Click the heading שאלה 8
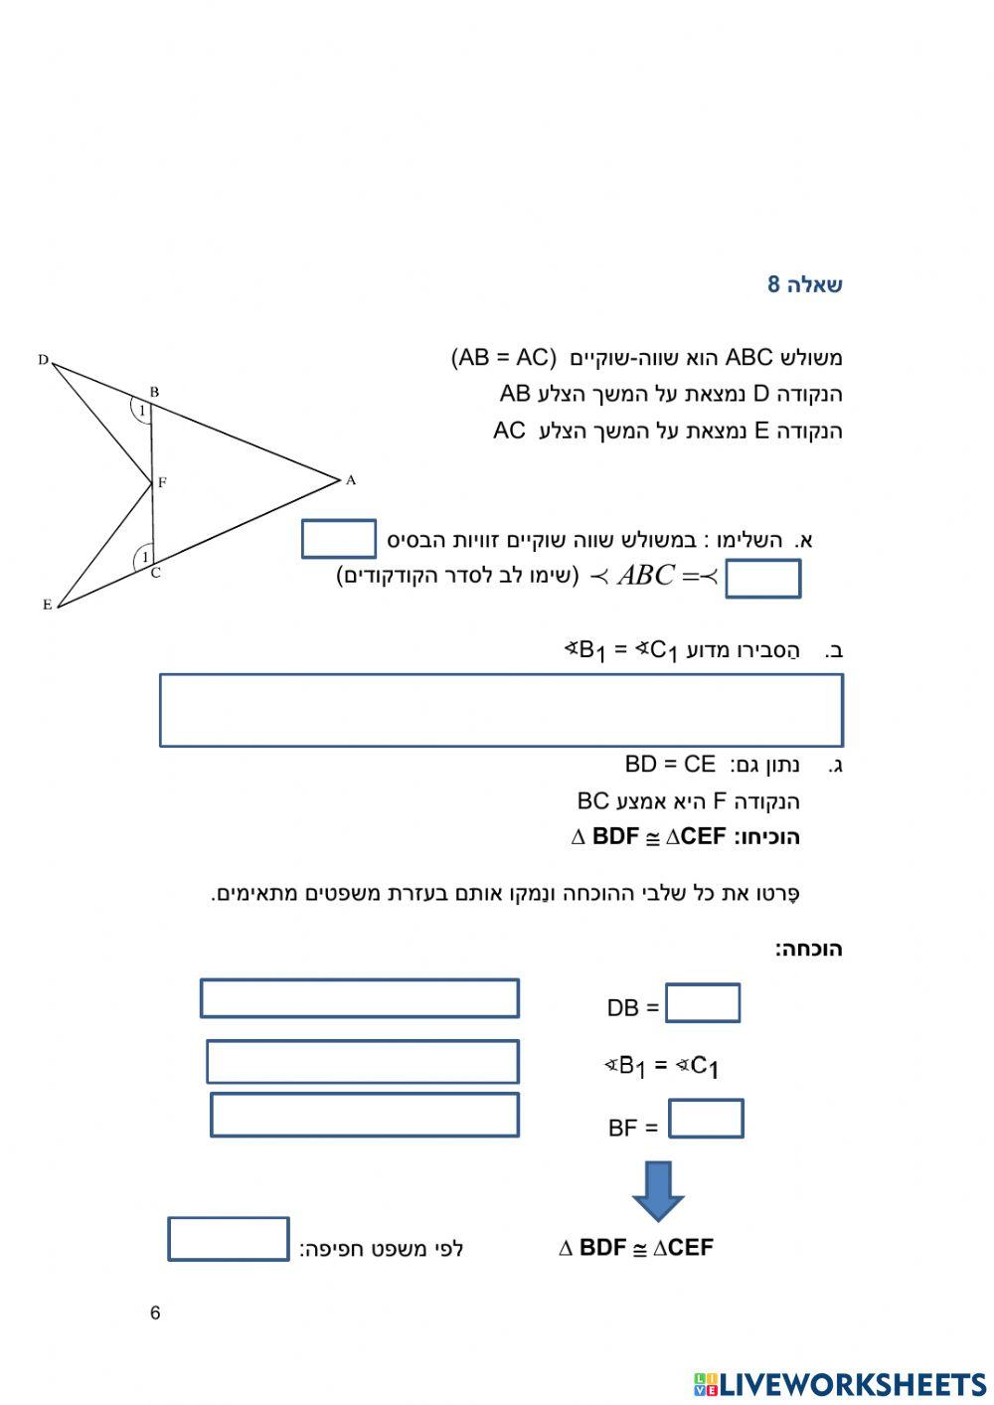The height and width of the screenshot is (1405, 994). (804, 284)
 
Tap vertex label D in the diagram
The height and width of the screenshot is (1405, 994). (43, 360)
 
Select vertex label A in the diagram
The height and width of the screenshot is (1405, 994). (350, 480)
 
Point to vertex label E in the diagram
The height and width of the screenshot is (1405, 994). (47, 605)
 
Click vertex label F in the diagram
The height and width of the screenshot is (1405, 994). (162, 483)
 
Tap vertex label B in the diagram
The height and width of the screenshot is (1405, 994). (154, 392)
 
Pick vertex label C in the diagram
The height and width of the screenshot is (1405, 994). (156, 573)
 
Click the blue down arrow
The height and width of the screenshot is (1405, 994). (658, 1190)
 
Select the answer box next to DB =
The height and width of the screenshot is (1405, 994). (703, 1003)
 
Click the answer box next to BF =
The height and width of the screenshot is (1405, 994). (706, 1119)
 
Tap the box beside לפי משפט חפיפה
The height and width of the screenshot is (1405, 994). (229, 1239)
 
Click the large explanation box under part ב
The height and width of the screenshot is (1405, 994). (501, 710)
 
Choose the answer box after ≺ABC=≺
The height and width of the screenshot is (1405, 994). (762, 579)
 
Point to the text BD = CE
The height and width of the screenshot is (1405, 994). (670, 764)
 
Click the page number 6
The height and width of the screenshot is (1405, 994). (155, 1313)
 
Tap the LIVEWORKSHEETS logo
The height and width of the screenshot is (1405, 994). (840, 1384)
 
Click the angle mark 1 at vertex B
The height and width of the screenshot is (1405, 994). (142, 411)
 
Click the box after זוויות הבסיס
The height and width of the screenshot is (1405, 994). (339, 539)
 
